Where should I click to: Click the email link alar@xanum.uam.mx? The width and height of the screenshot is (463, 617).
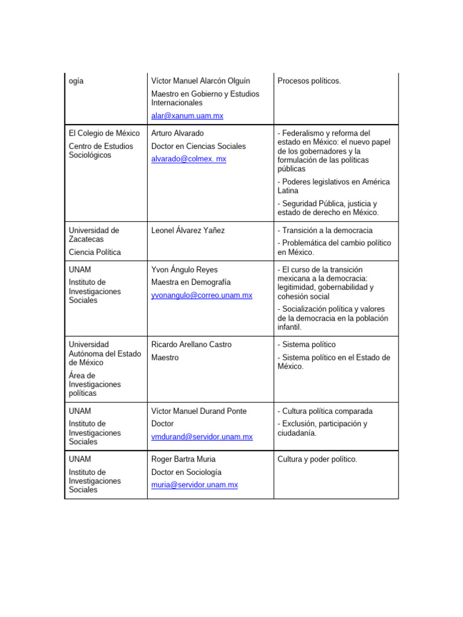pos(187,116)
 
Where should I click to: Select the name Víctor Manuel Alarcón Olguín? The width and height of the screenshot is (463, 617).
pos(200,81)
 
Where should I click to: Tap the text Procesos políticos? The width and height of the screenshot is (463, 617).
pos(309,81)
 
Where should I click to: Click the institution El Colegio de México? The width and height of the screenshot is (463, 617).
pos(104,133)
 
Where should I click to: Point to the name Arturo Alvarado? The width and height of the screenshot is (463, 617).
pos(177,133)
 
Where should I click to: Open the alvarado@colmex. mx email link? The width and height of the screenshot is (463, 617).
pos(189,159)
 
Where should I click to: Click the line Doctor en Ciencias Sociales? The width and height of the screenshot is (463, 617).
pos(198,146)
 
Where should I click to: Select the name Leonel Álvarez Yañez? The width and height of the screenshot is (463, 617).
pos(187,230)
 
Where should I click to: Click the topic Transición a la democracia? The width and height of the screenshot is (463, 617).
pos(325,230)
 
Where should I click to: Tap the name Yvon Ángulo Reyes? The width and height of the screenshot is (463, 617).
pos(184,269)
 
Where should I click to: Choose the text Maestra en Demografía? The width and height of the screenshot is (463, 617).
pos(191,282)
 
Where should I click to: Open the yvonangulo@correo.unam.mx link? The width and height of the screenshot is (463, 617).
pos(201,295)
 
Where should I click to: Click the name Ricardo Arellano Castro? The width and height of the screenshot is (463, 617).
pos(191,345)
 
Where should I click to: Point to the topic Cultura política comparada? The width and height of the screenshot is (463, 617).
pos(325,411)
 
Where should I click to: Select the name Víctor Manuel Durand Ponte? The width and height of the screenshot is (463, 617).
pos(199,411)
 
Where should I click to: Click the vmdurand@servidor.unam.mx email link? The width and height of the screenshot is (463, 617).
pos(201,437)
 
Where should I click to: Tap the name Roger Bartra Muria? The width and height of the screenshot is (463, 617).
pos(183,459)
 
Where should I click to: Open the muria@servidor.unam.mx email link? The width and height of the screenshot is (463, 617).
pos(194,484)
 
